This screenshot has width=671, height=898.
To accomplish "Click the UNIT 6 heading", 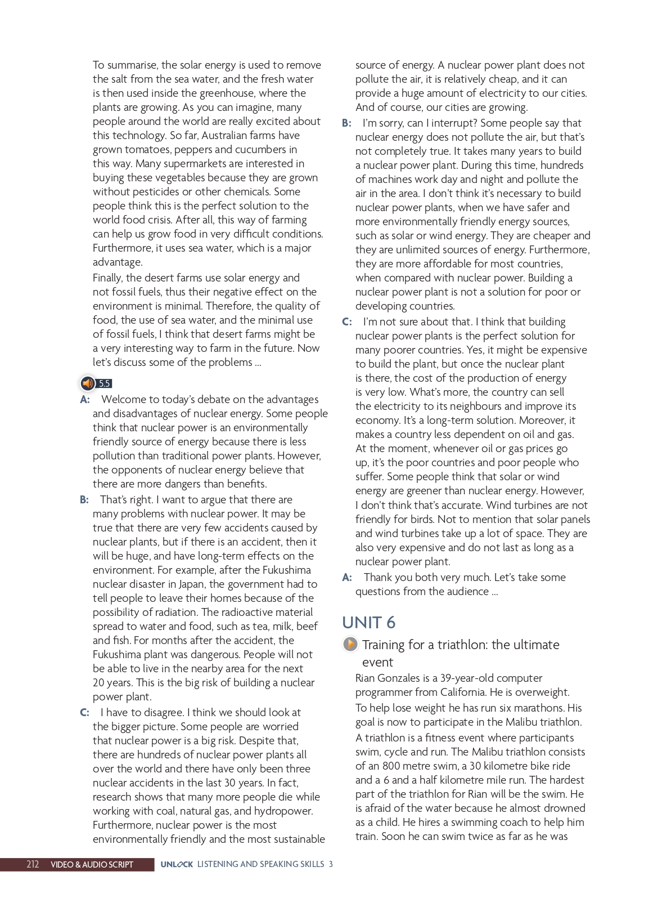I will [x=368, y=622].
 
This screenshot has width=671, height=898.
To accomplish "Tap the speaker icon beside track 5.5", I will [x=88, y=383].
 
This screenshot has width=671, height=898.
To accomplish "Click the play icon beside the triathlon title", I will [x=350, y=644].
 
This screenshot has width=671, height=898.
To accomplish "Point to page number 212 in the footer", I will [x=33, y=864].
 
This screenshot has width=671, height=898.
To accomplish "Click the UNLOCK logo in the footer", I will [x=177, y=864].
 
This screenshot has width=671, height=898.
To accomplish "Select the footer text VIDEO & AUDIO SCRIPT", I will [x=92, y=864].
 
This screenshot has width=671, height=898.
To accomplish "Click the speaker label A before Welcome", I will [x=85, y=399].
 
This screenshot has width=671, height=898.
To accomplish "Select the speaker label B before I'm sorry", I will [x=346, y=123].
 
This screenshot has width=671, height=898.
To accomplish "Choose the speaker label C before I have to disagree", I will [x=84, y=712].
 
